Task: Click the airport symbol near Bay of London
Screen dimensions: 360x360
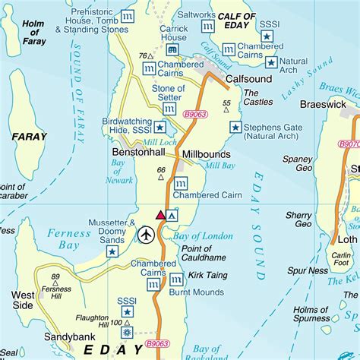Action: click(146, 235)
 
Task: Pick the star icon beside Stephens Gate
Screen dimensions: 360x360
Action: click(235, 127)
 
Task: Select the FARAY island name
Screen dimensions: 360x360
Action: click(30, 137)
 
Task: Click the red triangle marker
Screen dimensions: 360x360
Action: click(160, 216)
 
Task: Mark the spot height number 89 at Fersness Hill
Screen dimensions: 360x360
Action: click(55, 278)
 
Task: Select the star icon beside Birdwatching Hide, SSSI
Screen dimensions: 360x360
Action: click(160, 127)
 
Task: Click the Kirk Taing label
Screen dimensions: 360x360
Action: click(207, 275)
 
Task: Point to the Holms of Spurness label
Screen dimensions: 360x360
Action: click(315, 314)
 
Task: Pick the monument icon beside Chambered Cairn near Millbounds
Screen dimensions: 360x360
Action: click(181, 184)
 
